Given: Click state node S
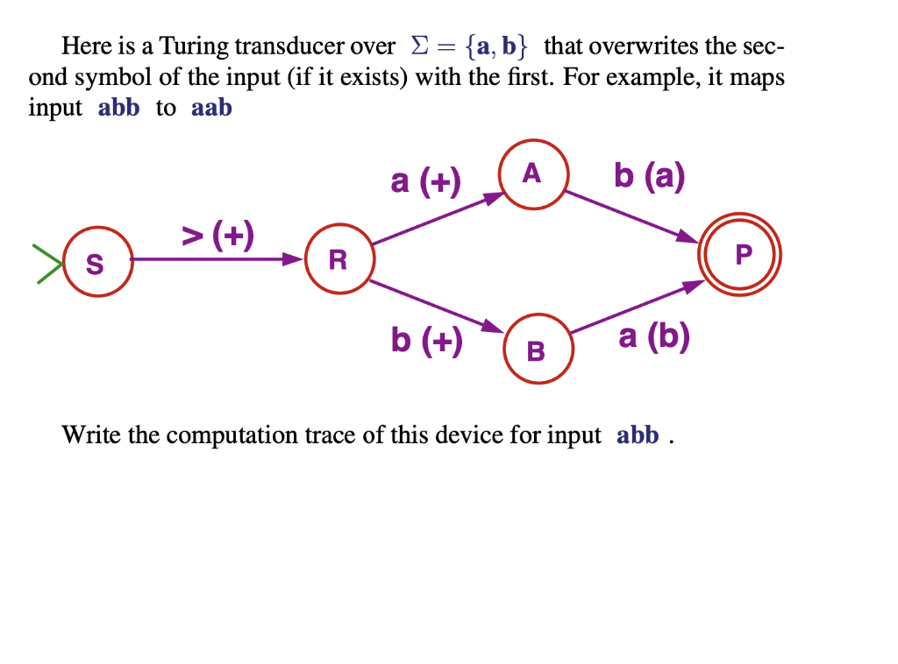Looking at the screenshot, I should tap(96, 261).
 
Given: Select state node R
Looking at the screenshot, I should tap(339, 259).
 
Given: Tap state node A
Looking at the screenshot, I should tap(533, 175).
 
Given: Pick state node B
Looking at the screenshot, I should tap(536, 350).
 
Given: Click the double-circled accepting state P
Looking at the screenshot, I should tap(740, 256).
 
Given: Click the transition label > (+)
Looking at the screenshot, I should tap(217, 235).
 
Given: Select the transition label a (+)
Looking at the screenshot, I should tap(425, 181).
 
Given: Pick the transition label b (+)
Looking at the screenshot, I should tap(426, 339).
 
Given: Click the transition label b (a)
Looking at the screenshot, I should tap(649, 176).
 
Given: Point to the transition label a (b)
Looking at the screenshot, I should tap(653, 336).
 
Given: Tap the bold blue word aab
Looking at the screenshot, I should tap(211, 109).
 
